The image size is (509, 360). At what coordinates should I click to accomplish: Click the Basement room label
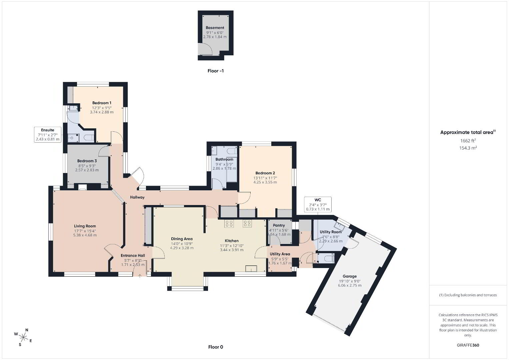coord(215,28)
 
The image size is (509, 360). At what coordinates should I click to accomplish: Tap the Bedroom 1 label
coord(102,103)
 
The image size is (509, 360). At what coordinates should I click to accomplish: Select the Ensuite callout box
coord(48,135)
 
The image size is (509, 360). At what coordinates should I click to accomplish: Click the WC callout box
coord(318,205)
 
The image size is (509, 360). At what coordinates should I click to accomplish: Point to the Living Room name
coord(85,226)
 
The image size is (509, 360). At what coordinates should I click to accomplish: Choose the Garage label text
coord(349,276)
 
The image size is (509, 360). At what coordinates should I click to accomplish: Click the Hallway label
coord(137,197)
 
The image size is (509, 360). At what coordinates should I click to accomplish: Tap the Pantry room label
coord(279,225)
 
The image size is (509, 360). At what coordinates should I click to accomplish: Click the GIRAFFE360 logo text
coord(468,345)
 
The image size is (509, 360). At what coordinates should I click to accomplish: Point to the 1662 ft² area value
coord(468,141)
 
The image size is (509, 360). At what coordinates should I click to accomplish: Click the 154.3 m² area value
coord(468,148)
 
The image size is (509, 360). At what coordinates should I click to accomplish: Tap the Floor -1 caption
coord(215,71)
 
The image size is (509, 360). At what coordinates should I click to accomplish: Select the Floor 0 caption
coord(215,347)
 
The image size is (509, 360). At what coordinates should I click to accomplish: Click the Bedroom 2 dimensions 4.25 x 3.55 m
coord(265,182)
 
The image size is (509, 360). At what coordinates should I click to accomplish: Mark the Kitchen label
coord(232,241)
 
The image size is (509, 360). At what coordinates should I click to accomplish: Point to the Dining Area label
coord(182,239)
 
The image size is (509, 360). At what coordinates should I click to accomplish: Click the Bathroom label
coord(224,159)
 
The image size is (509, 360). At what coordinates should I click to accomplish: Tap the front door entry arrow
coord(140,276)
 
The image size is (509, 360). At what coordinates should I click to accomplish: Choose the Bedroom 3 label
coord(87,161)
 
